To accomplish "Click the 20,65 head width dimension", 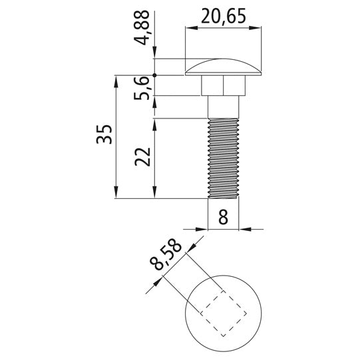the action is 224,16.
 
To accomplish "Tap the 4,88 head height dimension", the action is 142,27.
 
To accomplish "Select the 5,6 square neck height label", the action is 142,88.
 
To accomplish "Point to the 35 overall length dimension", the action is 104,134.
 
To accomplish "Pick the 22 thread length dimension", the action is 142,156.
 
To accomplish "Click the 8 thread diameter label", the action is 223,217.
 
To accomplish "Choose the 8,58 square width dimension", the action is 166,254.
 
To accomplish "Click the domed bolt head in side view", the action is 223,68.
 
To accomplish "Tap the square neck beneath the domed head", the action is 223,85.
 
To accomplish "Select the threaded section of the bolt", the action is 223,158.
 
